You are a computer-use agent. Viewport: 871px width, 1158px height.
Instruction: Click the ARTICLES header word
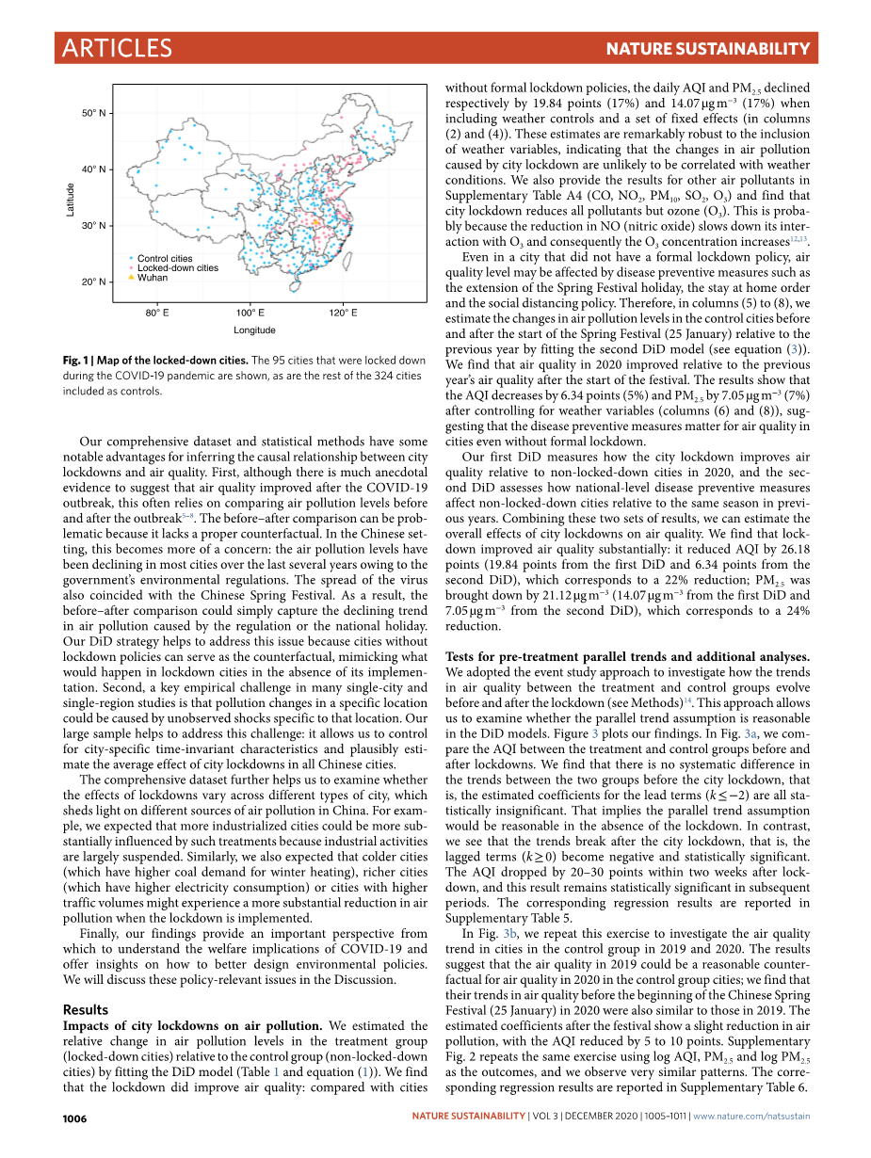coord(117,49)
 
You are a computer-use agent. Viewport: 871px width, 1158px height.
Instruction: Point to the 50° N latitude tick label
coord(94,113)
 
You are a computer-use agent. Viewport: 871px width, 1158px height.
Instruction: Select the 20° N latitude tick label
coord(94,281)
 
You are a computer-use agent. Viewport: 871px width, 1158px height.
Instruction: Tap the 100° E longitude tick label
coord(250,313)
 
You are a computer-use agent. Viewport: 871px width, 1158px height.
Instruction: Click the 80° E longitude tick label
coord(157,313)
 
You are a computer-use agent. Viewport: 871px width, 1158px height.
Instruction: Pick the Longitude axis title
coord(254,330)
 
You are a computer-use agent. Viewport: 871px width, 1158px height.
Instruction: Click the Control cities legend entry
coord(165,259)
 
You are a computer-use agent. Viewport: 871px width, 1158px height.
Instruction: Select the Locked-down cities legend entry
coord(177,268)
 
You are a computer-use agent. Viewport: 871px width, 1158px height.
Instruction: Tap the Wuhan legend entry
coord(153,278)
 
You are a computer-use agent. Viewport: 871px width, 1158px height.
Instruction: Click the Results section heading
coord(85,1009)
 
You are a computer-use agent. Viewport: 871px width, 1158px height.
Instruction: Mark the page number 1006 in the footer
coord(74,1118)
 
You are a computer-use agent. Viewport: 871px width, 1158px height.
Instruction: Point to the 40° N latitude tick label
coord(94,169)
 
